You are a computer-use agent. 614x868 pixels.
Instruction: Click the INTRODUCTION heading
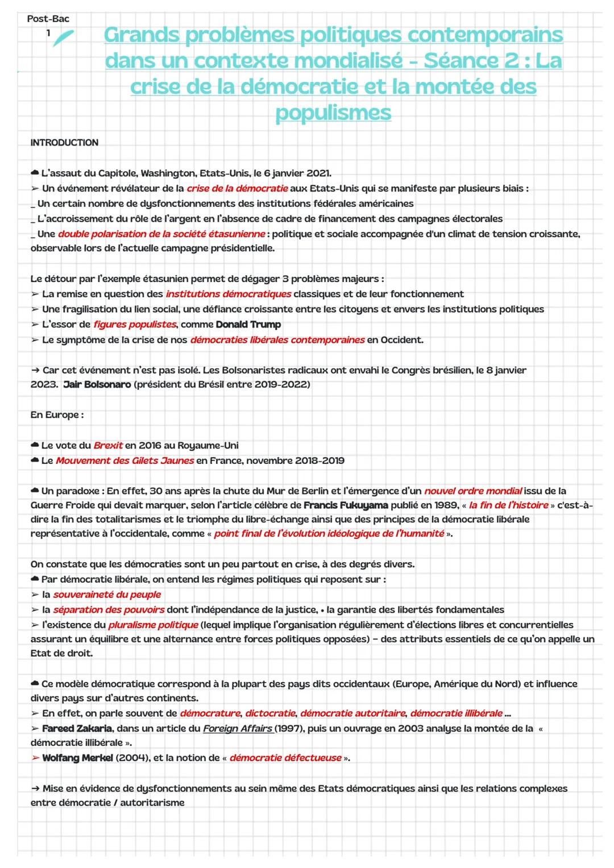(x=64, y=143)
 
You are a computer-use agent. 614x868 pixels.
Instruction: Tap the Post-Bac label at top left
(x=48, y=19)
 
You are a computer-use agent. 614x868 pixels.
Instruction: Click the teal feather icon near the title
(x=63, y=38)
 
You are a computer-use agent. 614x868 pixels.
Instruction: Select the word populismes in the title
(x=333, y=113)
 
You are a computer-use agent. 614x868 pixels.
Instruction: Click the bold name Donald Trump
(x=248, y=325)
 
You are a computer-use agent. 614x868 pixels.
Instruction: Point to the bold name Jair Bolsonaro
(x=97, y=385)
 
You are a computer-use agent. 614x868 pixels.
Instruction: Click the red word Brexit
(x=108, y=446)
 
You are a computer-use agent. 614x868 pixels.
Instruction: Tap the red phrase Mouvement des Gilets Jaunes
(x=125, y=461)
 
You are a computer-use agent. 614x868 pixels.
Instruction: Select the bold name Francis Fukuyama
(x=346, y=505)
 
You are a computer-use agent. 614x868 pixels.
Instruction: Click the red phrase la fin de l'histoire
(x=508, y=505)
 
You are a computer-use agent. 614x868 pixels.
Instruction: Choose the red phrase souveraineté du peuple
(x=107, y=595)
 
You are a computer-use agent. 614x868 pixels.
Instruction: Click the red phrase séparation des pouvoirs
(x=109, y=610)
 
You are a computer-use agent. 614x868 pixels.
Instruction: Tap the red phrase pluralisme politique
(x=153, y=625)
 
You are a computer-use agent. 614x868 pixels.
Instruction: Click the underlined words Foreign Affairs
(x=238, y=729)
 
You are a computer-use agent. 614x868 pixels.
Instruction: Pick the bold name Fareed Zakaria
(x=77, y=729)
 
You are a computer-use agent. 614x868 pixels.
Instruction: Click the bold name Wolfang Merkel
(x=77, y=758)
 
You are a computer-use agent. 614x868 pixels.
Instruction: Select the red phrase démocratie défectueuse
(x=285, y=758)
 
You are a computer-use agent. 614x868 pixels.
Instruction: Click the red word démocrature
(x=210, y=713)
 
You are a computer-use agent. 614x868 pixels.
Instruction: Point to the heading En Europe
(x=57, y=415)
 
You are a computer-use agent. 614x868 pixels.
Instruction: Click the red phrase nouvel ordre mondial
(x=473, y=491)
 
